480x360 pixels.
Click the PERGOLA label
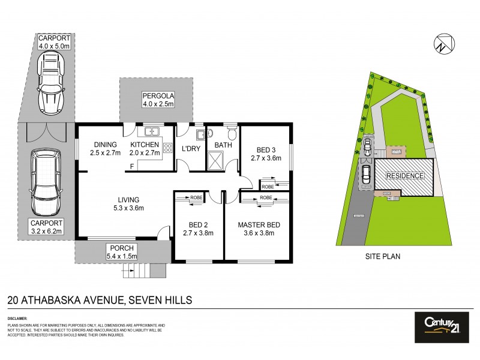click(x=158, y=95)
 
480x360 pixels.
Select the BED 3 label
click(x=265, y=149)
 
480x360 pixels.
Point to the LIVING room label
click(x=128, y=200)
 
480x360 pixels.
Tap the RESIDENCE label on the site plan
click(x=405, y=176)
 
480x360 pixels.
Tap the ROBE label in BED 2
click(x=196, y=197)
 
